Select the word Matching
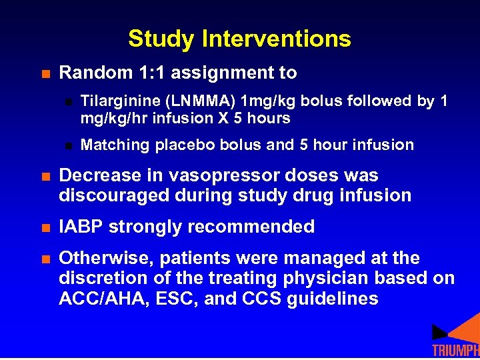tap(115, 145)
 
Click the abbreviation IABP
tap(81, 227)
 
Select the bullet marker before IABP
tap(45, 227)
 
